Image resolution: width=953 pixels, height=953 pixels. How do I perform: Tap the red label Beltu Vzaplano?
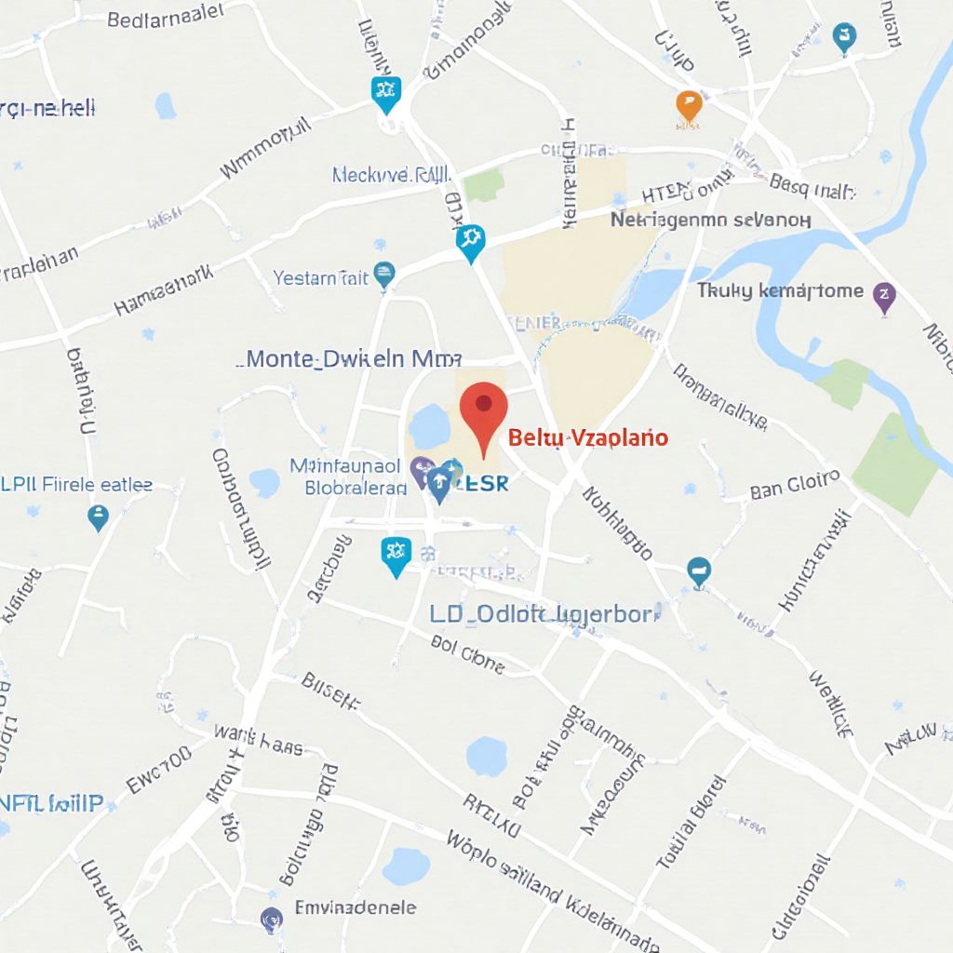tap(588, 437)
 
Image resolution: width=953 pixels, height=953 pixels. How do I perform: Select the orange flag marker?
tap(688, 106)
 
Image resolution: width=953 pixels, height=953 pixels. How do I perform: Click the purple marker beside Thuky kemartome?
tap(884, 297)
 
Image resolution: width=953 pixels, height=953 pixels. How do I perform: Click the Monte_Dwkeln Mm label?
tap(354, 358)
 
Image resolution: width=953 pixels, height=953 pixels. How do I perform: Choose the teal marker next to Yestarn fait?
tap(383, 275)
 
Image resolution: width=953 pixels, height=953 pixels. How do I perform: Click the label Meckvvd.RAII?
tap(391, 174)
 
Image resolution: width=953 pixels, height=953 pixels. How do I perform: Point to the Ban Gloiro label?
tap(795, 486)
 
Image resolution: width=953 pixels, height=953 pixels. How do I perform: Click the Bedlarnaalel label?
tap(166, 16)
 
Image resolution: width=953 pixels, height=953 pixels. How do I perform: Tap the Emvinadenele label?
tap(355, 906)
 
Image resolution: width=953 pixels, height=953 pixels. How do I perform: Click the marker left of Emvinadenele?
tap(272, 919)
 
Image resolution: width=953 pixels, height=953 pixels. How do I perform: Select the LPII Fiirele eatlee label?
tap(76, 485)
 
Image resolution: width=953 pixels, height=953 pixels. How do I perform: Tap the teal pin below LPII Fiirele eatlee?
tap(98, 517)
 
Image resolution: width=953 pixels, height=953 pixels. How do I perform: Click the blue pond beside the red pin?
tap(430, 426)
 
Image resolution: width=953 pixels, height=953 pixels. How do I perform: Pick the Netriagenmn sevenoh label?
tap(710, 220)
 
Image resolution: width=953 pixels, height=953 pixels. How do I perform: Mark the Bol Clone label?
tap(468, 653)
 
